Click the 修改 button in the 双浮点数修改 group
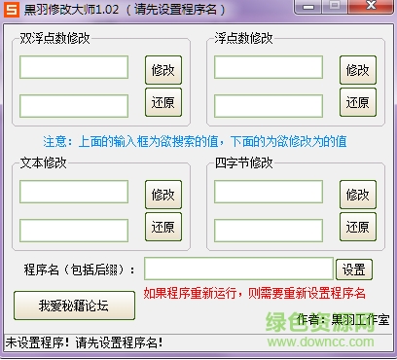(x=162, y=70)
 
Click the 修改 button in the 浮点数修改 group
(x=357, y=70)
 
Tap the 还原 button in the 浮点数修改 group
(x=357, y=101)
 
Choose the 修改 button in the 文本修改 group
(x=162, y=195)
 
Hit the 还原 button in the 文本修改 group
(x=162, y=227)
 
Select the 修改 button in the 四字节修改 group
(x=357, y=195)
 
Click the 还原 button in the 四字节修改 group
(x=357, y=227)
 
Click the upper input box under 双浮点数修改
(x=74, y=67)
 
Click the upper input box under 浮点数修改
(x=269, y=67)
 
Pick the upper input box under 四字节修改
(x=269, y=192)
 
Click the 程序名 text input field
(x=238, y=269)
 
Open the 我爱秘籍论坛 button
(x=74, y=306)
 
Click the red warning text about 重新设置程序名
(x=254, y=292)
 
